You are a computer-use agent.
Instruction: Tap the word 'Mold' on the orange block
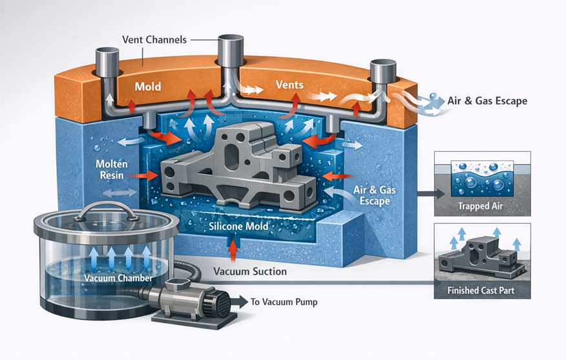(147, 86)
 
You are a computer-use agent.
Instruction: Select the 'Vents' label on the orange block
(289, 85)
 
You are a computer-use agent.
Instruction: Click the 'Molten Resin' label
(114, 169)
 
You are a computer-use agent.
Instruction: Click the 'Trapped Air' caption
(483, 207)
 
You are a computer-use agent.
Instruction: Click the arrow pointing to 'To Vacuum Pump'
(243, 302)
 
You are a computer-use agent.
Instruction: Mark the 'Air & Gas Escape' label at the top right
(487, 101)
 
